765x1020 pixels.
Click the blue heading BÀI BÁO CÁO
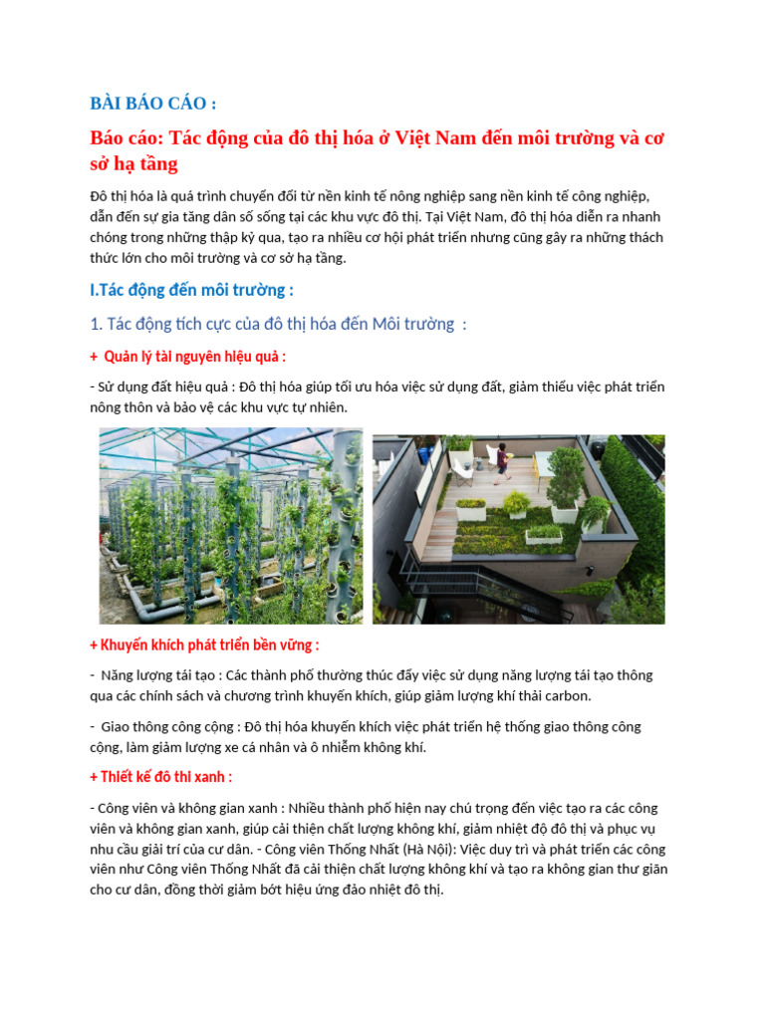[x=153, y=103]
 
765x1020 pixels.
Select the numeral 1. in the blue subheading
[x=97, y=324]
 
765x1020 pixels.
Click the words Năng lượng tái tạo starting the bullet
[x=160, y=675]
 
